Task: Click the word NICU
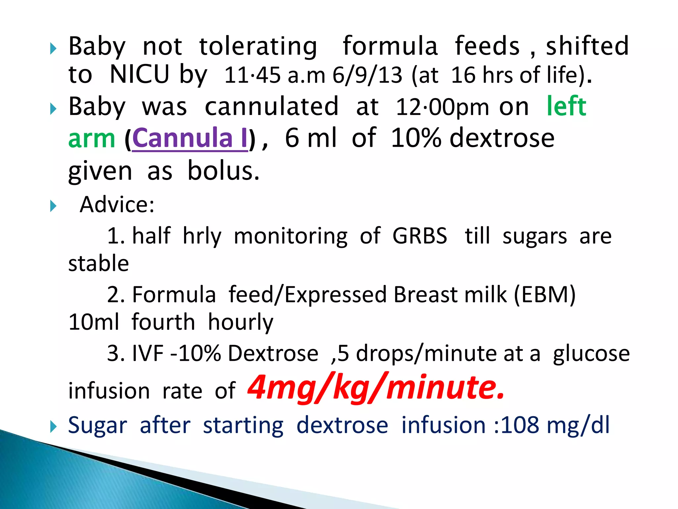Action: [x=139, y=74]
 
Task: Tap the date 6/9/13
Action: [x=367, y=75]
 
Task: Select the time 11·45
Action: [x=252, y=75]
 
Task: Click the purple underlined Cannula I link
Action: [x=190, y=138]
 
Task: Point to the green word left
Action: [x=566, y=106]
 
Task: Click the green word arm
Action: [x=92, y=138]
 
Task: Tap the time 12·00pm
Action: [x=442, y=107]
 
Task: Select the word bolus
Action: [x=223, y=171]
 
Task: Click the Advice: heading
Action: [x=117, y=204]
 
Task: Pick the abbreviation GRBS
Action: [x=420, y=236]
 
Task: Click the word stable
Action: [x=99, y=263]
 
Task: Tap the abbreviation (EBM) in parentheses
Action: [x=545, y=295]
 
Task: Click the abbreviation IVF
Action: [x=148, y=353]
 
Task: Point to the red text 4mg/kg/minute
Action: [x=376, y=387]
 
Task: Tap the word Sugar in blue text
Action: [x=98, y=425]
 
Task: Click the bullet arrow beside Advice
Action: [x=53, y=206]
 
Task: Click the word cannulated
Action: [x=272, y=107]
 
